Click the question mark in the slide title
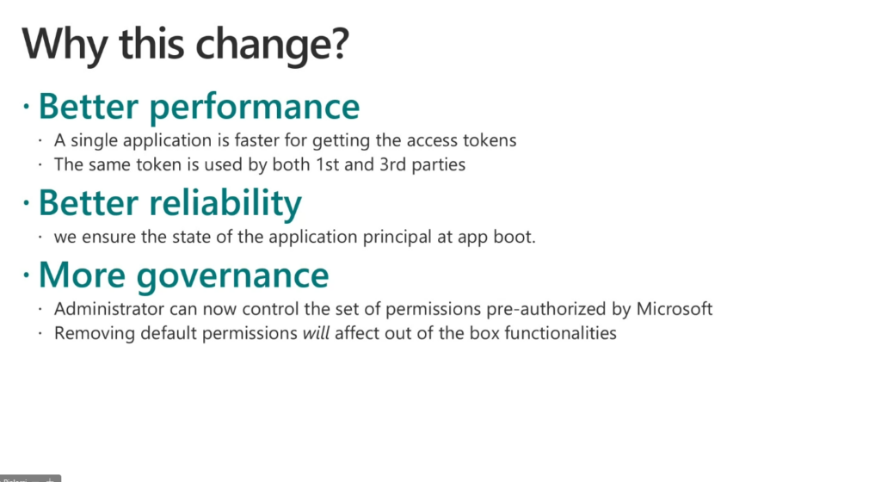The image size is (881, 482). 339,43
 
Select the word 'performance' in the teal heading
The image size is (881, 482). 255,108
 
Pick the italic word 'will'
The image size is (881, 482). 316,332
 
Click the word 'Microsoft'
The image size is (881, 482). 675,308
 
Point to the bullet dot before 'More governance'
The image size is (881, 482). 26,275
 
